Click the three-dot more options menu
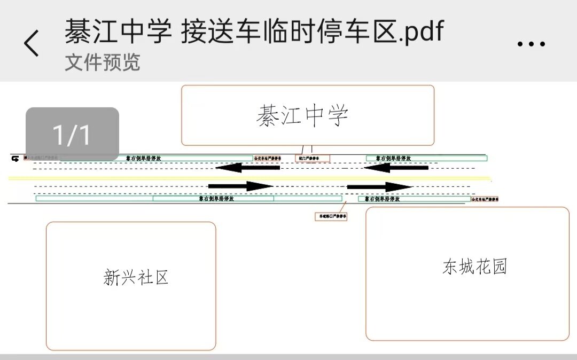pos(531,44)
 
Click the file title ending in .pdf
pos(254,32)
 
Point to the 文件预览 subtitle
pos(103,62)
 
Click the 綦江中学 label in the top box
pos(303,115)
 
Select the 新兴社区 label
pos(136,277)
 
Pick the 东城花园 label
pos(474,266)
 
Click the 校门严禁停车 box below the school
pos(313,158)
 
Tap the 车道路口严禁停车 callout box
pos(331,216)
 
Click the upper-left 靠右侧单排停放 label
pos(143,158)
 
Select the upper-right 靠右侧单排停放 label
pos(393,158)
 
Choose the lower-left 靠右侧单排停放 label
pos(214,198)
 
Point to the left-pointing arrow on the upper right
pos(395,168)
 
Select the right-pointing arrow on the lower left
pos(241,186)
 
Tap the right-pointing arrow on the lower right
pos(379,186)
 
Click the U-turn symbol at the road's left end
pos(14,158)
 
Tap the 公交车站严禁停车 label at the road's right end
pos(485,199)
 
